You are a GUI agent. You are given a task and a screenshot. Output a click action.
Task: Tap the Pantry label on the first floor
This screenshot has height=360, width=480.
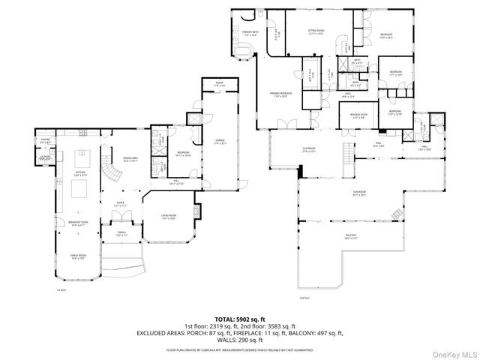click(x=44, y=140)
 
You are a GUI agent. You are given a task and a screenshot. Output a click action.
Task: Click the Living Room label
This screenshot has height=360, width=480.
click(x=169, y=217)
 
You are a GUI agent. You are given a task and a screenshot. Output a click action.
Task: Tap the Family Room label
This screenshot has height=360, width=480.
click(x=79, y=256)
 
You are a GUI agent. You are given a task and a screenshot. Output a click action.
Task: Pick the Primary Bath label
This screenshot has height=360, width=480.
click(x=250, y=33)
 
